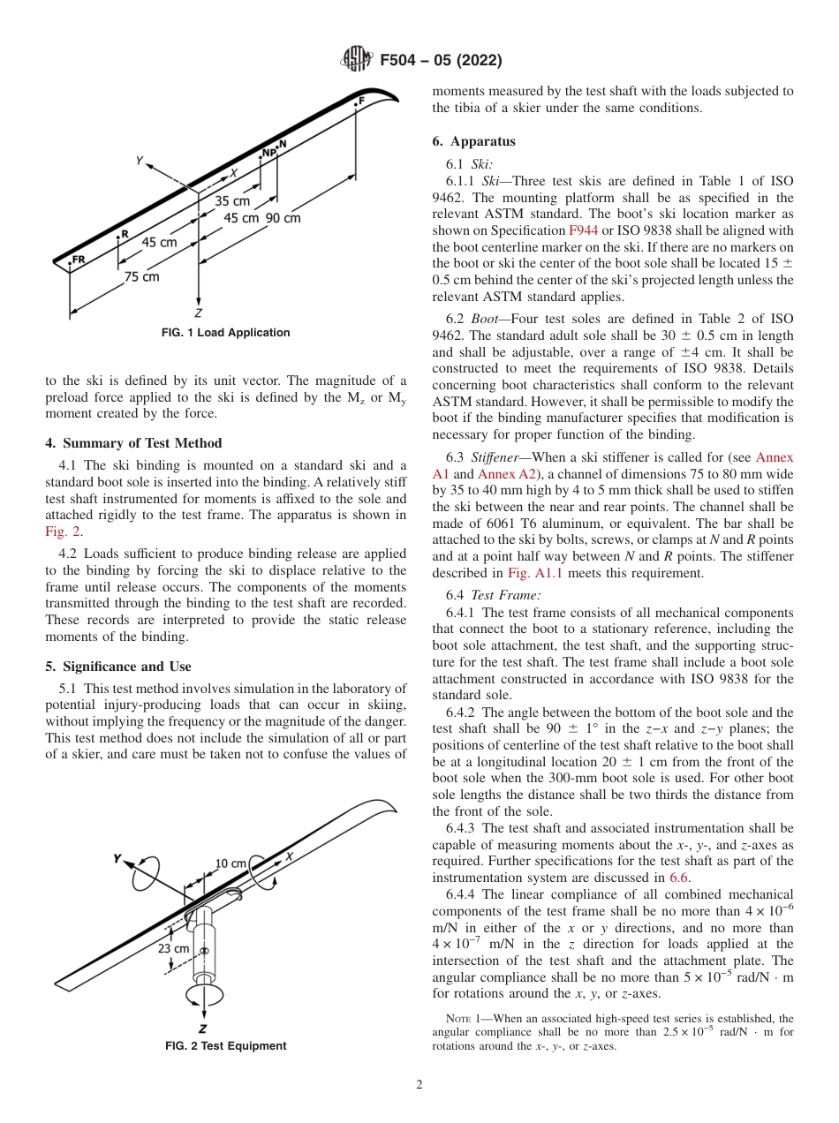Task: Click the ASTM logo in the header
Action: (x=357, y=60)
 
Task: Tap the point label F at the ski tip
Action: (x=360, y=102)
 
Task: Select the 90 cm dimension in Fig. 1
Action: (x=283, y=218)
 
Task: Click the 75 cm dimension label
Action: (x=141, y=276)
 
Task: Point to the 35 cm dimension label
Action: (x=232, y=201)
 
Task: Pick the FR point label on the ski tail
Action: (x=79, y=260)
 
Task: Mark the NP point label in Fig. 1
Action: (x=268, y=152)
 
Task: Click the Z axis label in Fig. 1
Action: (x=199, y=313)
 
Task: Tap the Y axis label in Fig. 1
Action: (x=140, y=161)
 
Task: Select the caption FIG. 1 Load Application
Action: (x=225, y=333)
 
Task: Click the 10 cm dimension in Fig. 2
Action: (x=231, y=863)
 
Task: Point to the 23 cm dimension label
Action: (x=173, y=948)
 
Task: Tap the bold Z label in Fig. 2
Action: (x=202, y=1029)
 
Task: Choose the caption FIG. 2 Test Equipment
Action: (x=225, y=1046)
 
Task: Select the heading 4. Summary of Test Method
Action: (x=133, y=443)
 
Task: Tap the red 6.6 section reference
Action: (x=678, y=878)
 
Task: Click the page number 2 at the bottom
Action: (x=419, y=1085)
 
